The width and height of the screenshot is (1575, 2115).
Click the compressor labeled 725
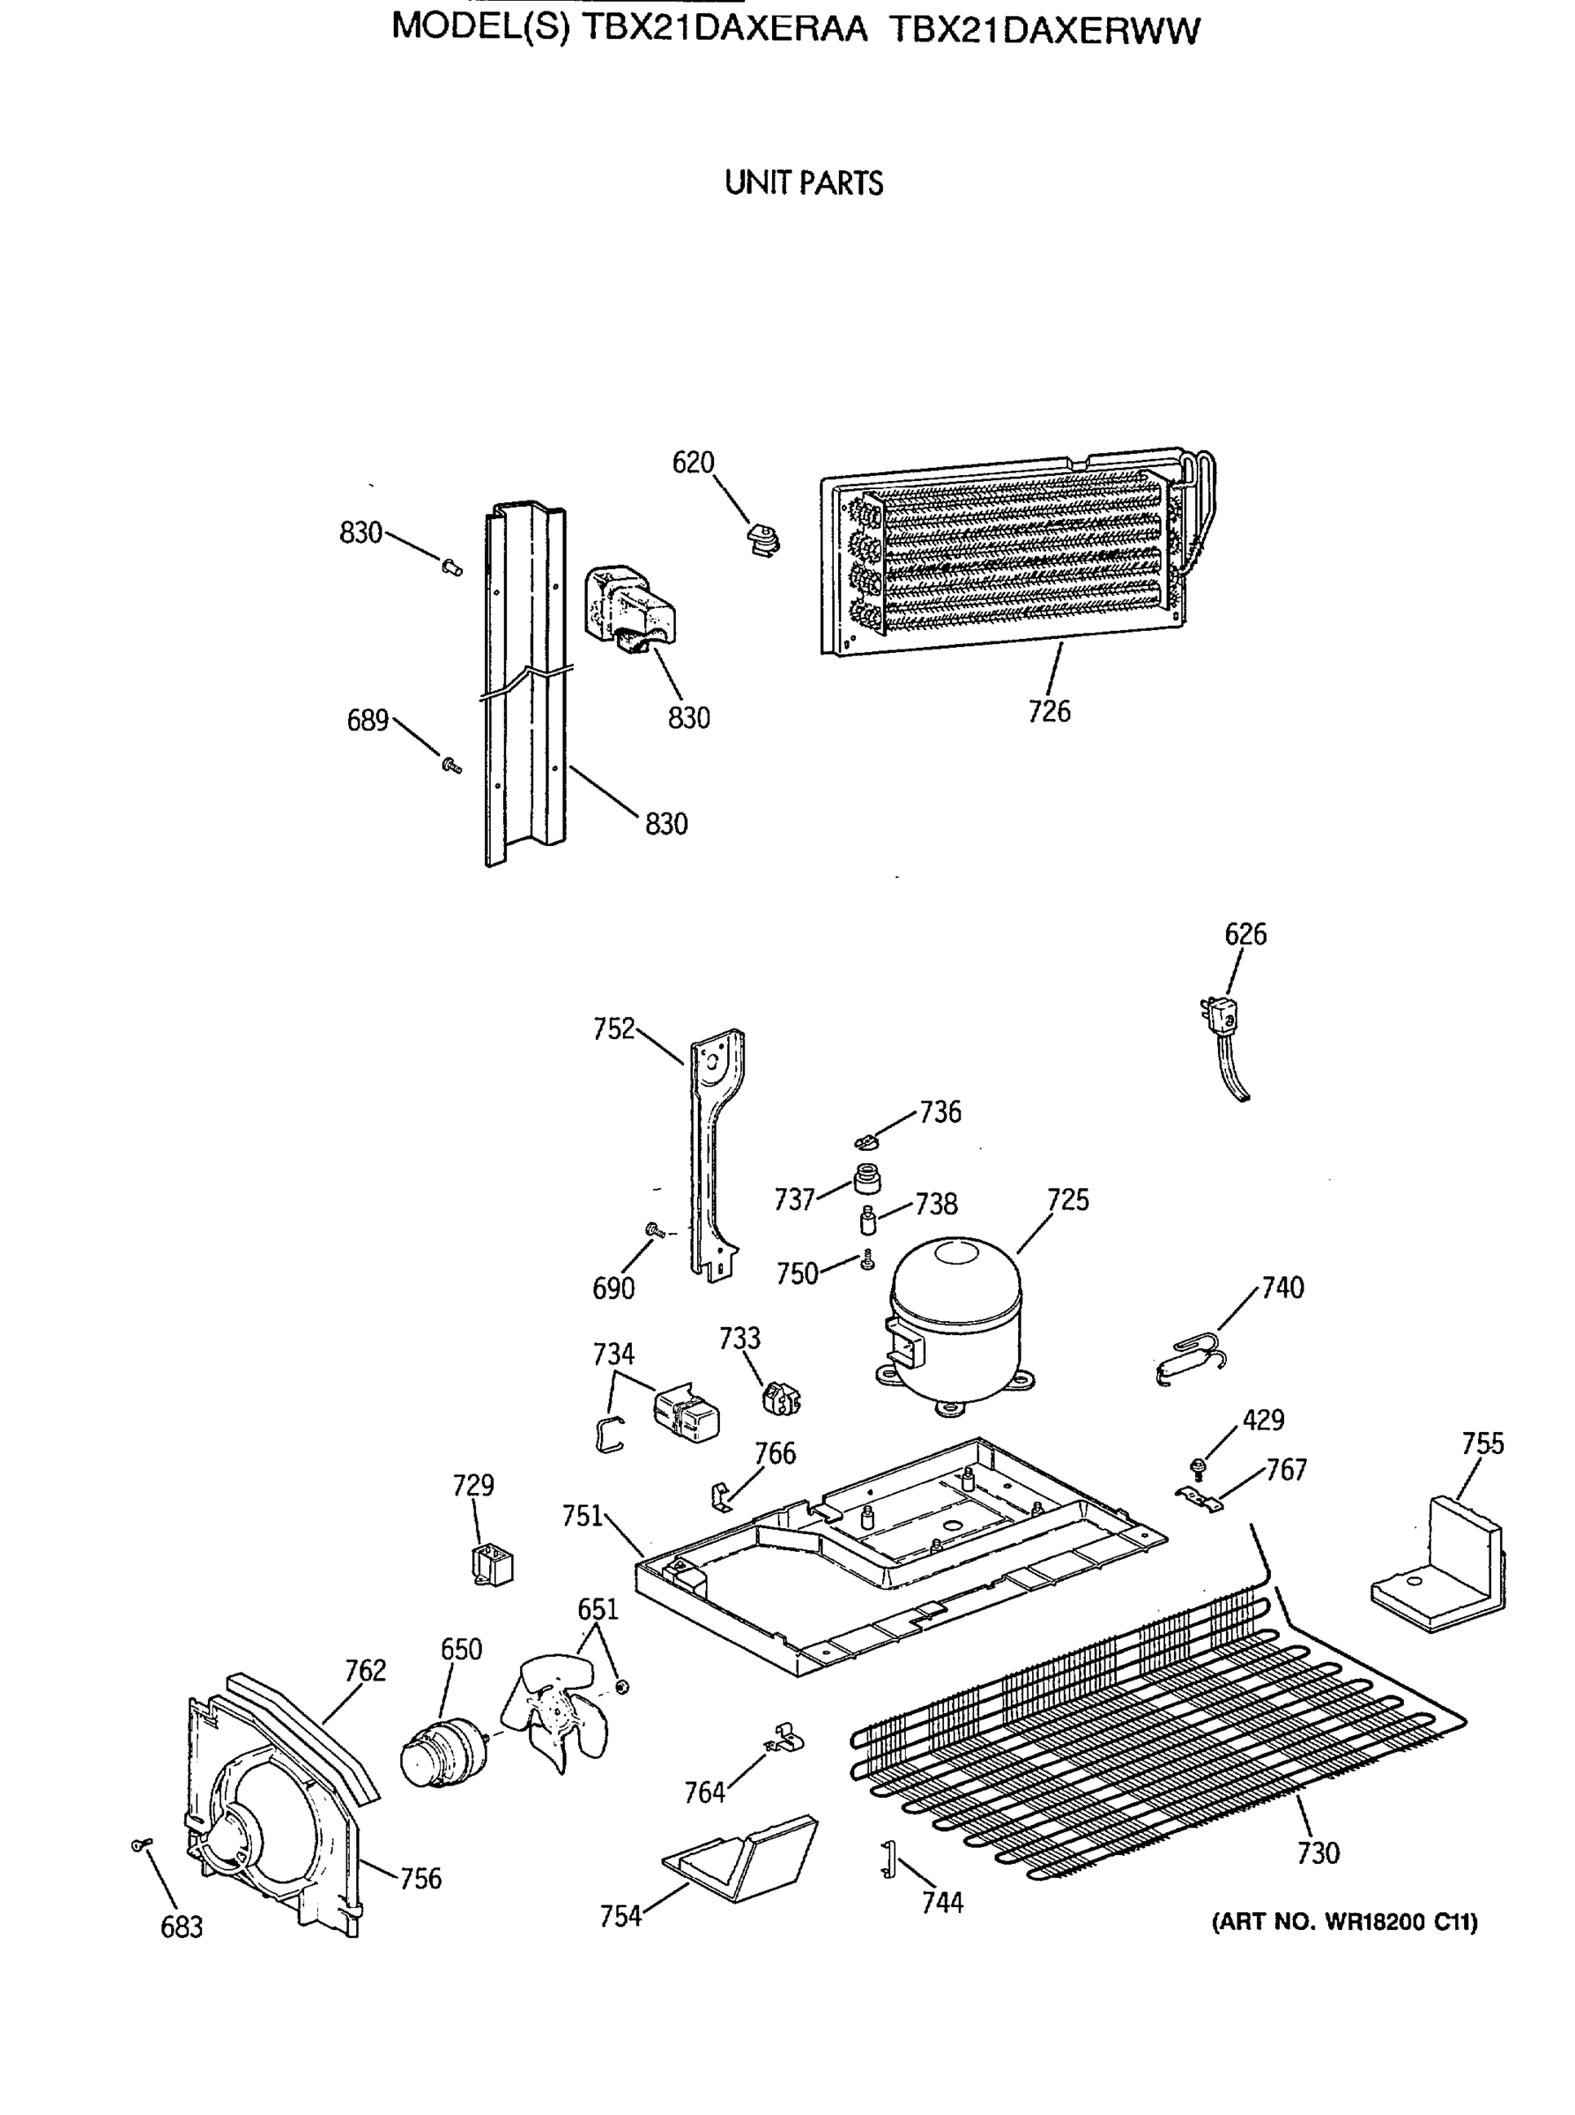coord(955,1320)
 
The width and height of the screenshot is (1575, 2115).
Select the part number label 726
coord(1049,711)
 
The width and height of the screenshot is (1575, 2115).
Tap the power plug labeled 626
coord(1222,1043)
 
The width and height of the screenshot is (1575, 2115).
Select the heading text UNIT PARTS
coord(803,183)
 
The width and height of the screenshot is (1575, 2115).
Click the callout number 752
coord(613,1028)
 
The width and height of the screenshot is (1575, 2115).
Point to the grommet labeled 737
coord(866,1180)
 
